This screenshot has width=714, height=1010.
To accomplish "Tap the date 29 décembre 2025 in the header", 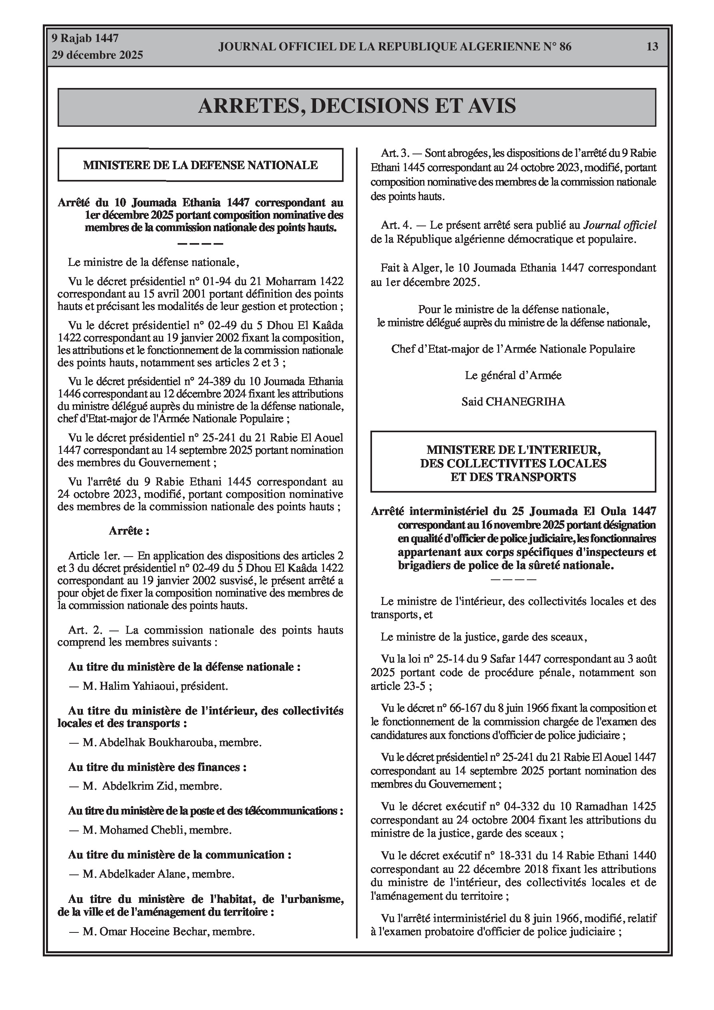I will tap(97, 55).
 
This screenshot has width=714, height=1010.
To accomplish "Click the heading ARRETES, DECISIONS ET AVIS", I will tap(356, 106).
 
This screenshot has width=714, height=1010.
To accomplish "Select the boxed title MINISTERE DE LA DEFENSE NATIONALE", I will tap(200, 165).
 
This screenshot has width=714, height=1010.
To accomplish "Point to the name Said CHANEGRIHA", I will tap(513, 401).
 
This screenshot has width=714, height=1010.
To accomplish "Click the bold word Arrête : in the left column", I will tap(129, 531).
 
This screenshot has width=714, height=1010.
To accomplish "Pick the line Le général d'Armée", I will tap(513, 375).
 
